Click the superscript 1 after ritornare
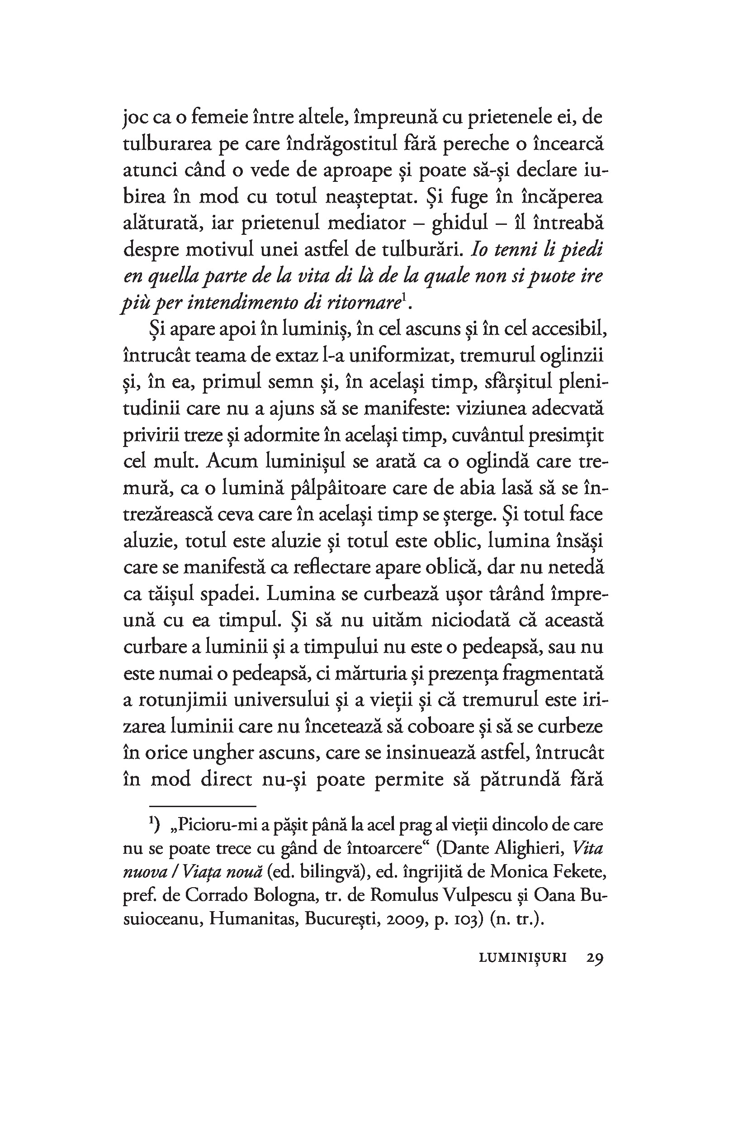[403, 298]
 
